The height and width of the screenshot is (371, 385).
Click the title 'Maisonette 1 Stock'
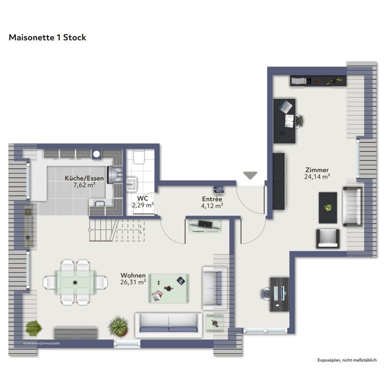(x=48, y=38)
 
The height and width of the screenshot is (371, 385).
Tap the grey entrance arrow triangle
(x=250, y=175)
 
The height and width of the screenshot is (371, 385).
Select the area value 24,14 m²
(x=317, y=176)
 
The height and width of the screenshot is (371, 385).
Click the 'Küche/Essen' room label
(x=84, y=178)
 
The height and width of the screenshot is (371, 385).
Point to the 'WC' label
(x=143, y=198)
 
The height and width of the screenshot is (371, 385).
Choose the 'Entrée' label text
(x=212, y=199)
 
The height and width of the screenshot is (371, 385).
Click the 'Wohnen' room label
(x=133, y=275)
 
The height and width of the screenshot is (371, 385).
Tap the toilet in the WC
(x=139, y=156)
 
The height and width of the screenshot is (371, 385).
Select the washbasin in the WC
(x=132, y=183)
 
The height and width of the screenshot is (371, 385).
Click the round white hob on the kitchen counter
(x=97, y=154)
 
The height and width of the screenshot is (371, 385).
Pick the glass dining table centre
(x=75, y=282)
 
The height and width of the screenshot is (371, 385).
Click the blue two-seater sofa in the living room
(x=168, y=325)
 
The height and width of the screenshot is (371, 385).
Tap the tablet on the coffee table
(x=181, y=280)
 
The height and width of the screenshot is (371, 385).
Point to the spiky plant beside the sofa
(x=118, y=326)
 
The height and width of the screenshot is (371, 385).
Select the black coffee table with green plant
(x=328, y=208)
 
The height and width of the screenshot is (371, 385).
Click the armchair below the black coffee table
(x=328, y=239)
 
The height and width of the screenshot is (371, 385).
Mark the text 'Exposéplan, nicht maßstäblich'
(x=347, y=360)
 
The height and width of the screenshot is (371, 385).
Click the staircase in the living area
(x=117, y=230)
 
